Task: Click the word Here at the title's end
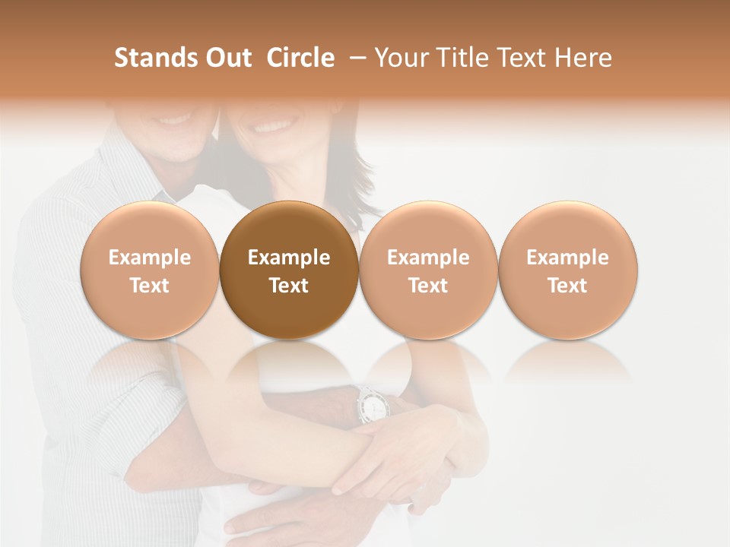click(582, 58)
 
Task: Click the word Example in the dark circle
click(289, 258)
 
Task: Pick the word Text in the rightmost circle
click(567, 286)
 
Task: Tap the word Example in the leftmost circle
click(150, 258)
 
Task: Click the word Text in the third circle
click(428, 286)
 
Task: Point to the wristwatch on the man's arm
click(372, 404)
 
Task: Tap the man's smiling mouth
click(176, 119)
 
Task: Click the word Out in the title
click(227, 58)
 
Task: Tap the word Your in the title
click(402, 58)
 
